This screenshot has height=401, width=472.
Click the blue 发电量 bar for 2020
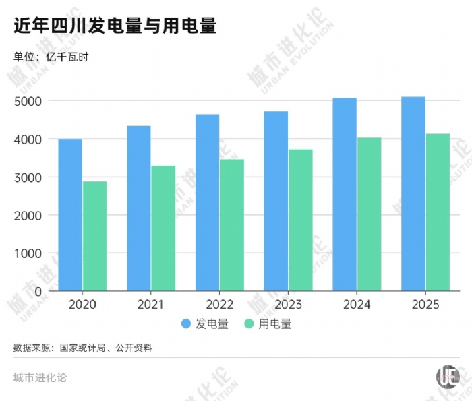(x=70, y=215)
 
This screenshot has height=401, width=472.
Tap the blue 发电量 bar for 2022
(x=207, y=202)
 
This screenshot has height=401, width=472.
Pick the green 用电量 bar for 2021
(x=163, y=228)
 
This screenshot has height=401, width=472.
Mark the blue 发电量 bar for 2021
(x=139, y=208)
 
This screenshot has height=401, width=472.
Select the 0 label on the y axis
(x=38, y=291)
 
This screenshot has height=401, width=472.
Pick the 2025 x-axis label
(x=425, y=305)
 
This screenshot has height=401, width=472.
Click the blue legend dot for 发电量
(x=186, y=324)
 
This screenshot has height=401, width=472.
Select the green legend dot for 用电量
(x=249, y=324)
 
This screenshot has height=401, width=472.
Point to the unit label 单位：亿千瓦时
(x=51, y=57)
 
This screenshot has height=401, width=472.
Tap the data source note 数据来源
(x=82, y=348)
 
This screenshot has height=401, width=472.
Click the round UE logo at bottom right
(x=447, y=377)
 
